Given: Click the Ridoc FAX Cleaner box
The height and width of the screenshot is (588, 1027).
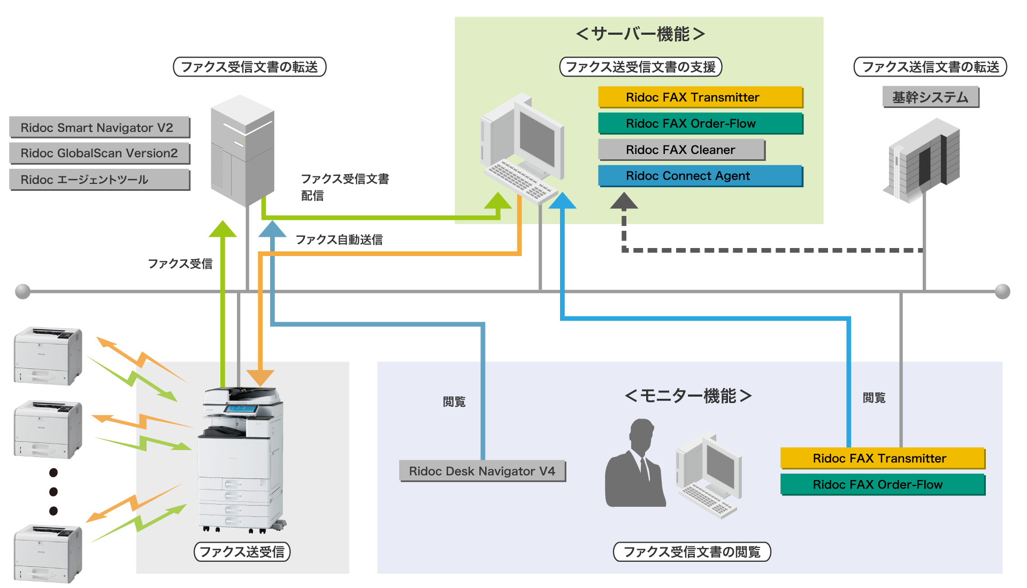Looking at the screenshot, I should [x=681, y=150].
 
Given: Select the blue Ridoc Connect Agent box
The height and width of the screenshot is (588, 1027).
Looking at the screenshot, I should [x=700, y=176].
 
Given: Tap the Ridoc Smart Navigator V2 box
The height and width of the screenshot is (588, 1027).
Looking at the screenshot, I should [x=99, y=127].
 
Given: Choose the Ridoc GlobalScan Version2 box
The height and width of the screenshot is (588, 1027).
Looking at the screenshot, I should [x=99, y=153].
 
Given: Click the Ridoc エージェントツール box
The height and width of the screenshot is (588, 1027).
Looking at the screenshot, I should [x=99, y=180].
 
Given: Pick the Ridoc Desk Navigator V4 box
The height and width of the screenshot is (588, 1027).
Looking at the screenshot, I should [x=482, y=471].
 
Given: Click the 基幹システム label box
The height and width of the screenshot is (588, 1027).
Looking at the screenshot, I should [x=930, y=97].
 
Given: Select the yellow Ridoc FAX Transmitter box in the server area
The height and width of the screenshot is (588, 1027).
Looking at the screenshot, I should [x=700, y=97].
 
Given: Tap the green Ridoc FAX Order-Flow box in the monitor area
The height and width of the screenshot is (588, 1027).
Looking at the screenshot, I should [x=882, y=484].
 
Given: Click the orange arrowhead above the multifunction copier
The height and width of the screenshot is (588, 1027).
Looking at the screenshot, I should [x=260, y=377].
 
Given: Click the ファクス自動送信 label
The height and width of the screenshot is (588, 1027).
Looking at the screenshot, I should [x=339, y=239].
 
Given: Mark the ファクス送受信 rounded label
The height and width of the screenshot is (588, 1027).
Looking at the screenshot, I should [x=242, y=552].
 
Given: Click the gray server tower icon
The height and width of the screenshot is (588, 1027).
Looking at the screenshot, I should [x=242, y=151].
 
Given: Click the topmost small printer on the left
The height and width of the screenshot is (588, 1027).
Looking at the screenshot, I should [x=48, y=355].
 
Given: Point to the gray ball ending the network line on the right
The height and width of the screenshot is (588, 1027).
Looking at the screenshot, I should [x=1002, y=291].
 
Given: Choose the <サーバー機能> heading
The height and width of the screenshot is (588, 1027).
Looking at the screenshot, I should [x=640, y=34].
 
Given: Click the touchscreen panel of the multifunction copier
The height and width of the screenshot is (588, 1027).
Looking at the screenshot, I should [x=241, y=409].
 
